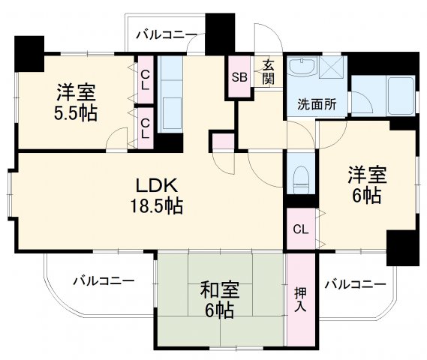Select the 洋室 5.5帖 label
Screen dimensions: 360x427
coord(74,103)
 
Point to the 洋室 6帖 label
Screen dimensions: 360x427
coord(365,185)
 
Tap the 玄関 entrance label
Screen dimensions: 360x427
coord(267,73)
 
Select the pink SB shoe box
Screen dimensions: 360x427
coord(239,76)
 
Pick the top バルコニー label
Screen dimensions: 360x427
coord(166,34)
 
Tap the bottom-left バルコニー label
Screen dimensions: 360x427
coord(104,282)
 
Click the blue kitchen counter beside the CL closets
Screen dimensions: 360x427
coord(171,97)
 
